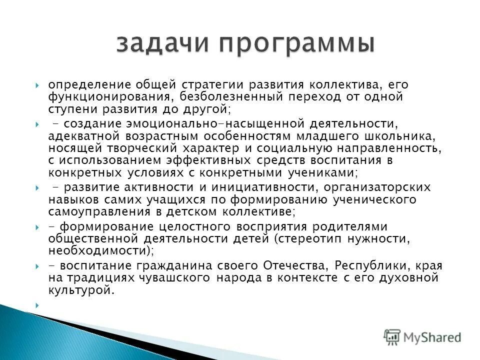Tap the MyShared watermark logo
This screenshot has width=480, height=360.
point(422,337)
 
